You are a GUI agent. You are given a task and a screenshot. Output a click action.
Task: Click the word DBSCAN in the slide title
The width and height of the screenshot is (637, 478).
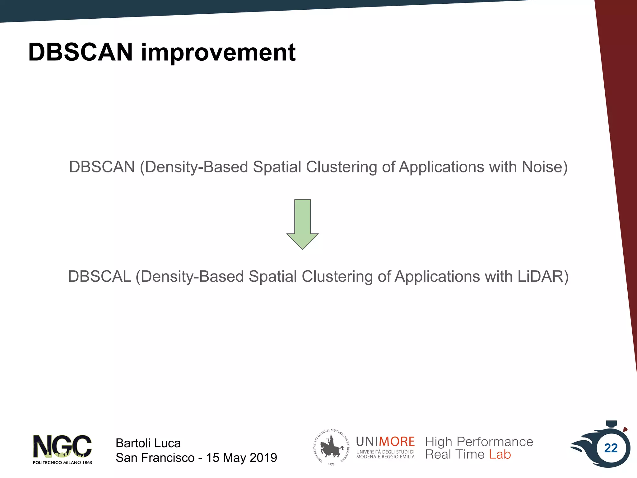pos(80,52)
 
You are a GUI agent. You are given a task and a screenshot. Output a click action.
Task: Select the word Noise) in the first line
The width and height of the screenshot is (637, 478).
pos(544,167)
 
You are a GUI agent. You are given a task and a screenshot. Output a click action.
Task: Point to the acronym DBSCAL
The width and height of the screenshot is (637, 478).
pos(100,277)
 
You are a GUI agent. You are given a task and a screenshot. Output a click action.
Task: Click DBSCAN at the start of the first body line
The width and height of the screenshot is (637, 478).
pos(102,167)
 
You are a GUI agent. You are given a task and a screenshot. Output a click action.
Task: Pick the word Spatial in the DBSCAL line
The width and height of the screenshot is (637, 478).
pos(273,277)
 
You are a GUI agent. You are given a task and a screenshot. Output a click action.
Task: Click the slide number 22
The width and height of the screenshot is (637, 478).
pos(611,448)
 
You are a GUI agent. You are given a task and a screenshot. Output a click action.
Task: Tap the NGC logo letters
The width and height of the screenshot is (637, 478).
pos(62,446)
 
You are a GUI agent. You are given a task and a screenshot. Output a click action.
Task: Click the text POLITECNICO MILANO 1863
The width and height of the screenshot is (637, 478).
pos(62,463)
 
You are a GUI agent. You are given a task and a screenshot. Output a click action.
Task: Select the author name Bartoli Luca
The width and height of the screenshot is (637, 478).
pos(148,443)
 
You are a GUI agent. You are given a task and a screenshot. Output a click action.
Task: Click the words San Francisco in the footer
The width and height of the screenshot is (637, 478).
pos(155,458)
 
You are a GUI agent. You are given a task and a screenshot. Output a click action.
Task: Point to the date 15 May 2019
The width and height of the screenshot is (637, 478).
pos(241,458)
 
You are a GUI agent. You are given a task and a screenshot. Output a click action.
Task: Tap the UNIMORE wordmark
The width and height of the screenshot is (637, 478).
pos(385,442)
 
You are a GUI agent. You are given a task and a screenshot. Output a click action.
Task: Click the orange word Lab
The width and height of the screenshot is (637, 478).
pos(500,455)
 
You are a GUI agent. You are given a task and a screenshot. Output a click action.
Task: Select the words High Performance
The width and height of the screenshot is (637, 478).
pos(479,442)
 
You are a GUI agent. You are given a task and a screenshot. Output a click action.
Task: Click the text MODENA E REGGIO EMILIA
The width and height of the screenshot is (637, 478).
pos(385,457)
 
